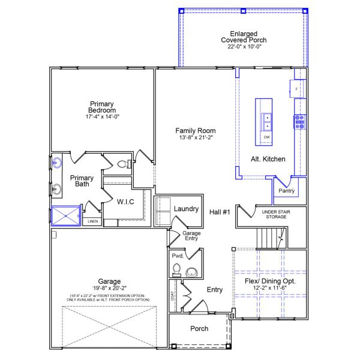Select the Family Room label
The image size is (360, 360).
(x=195, y=130)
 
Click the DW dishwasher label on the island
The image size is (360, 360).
(x=267, y=137)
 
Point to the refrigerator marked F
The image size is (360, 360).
(x=296, y=89)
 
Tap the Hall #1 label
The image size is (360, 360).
(x=220, y=212)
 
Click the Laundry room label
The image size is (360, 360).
(x=186, y=209)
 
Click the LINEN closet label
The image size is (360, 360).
(x=92, y=221)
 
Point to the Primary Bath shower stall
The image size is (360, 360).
(x=65, y=215)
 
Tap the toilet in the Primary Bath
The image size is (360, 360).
(x=123, y=164)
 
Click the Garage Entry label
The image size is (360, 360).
(x=191, y=236)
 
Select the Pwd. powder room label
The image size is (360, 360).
(x=177, y=256)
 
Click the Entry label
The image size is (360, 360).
(x=214, y=290)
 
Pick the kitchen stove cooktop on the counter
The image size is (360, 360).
(x=298, y=122)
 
